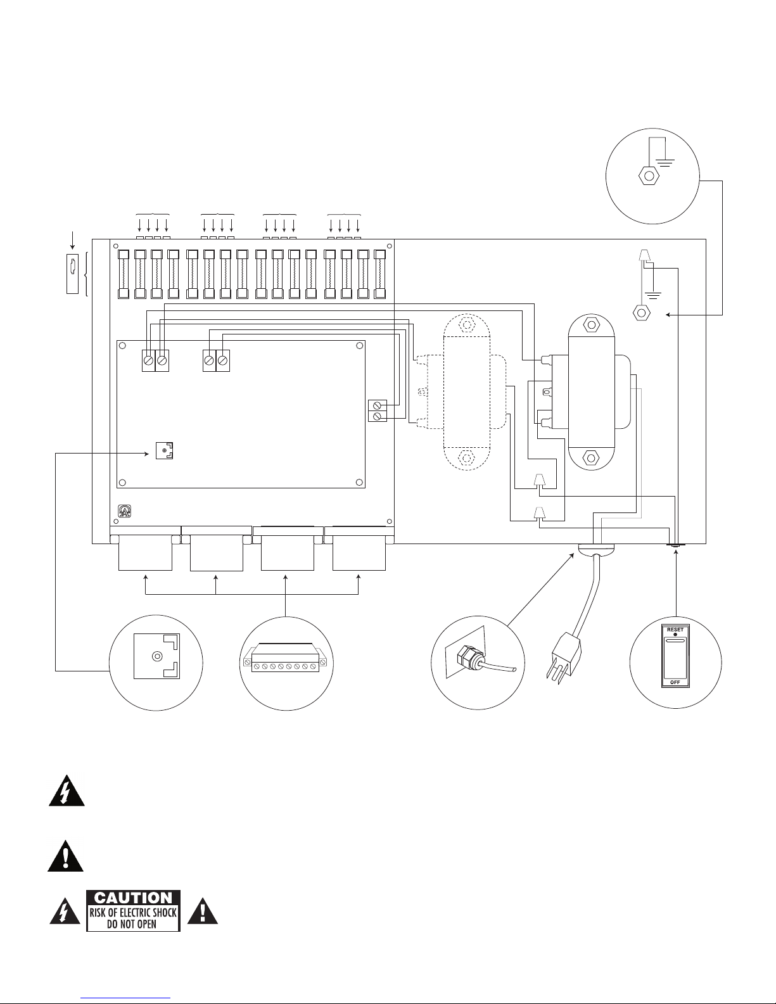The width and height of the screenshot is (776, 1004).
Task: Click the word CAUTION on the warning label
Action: click(x=133, y=898)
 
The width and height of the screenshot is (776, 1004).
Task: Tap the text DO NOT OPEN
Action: click(x=132, y=924)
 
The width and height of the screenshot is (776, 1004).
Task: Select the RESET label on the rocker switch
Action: click(x=675, y=630)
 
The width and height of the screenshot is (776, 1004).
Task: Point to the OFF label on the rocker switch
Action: click(x=675, y=682)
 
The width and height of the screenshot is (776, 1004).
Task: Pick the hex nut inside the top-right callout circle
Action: click(x=649, y=176)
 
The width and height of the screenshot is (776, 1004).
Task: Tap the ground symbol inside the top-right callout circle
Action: click(x=665, y=163)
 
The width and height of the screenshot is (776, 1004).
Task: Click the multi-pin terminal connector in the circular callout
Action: click(x=286, y=658)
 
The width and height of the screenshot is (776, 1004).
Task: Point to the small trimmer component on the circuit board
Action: click(x=165, y=450)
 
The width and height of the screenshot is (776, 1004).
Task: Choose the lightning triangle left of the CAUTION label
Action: click(x=65, y=910)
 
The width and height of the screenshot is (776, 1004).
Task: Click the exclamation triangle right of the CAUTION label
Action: click(x=202, y=910)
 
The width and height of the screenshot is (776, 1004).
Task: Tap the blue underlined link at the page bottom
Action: click(x=125, y=998)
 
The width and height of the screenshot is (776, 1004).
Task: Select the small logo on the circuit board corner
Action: click(x=125, y=511)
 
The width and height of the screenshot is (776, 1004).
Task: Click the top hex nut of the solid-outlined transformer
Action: click(x=591, y=325)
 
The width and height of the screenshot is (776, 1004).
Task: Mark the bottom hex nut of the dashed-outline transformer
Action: click(x=466, y=458)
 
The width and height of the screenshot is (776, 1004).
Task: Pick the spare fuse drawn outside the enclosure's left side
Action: click(x=72, y=274)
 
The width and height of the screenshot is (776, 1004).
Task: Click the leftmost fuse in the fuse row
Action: click(x=124, y=274)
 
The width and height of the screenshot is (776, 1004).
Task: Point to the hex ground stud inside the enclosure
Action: click(x=641, y=313)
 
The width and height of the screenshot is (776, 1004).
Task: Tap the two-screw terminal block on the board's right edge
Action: click(x=378, y=410)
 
